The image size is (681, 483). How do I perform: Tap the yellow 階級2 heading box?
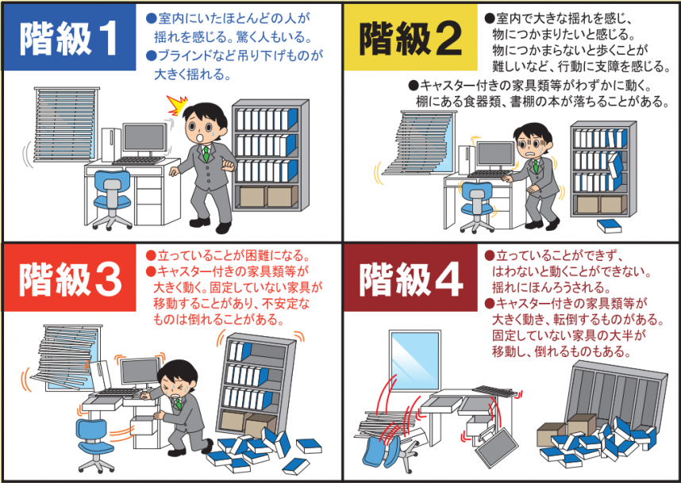click(410, 37)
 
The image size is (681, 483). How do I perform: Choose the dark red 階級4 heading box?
click(410, 278)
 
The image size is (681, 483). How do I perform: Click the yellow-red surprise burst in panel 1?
click(177, 105)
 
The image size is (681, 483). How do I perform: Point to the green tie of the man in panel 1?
click(206, 154)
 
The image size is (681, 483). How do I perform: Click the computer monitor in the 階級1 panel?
click(144, 140)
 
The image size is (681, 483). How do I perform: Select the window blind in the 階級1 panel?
click(67, 124)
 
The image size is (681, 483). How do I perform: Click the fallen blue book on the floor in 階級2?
click(609, 226)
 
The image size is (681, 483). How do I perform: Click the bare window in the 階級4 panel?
click(415, 360)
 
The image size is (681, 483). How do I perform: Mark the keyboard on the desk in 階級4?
click(494, 390)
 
